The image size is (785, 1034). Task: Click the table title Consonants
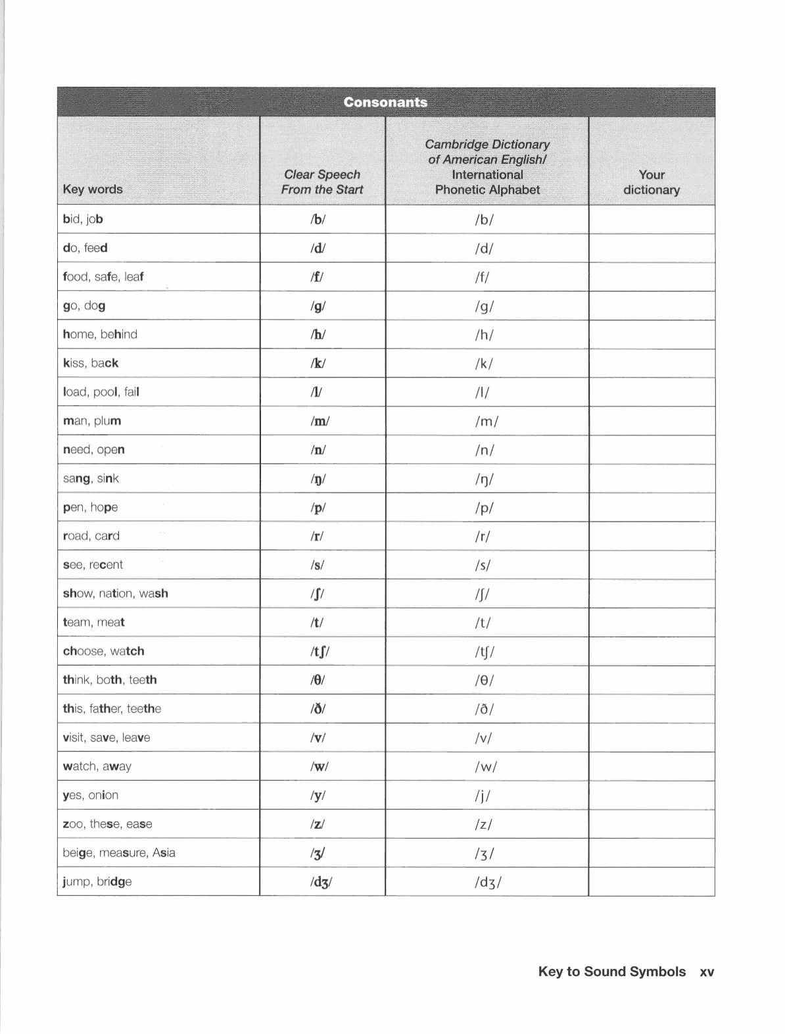click(385, 103)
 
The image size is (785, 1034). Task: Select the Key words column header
click(93, 189)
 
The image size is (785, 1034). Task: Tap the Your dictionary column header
click(651, 182)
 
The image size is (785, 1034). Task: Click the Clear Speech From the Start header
click(321, 182)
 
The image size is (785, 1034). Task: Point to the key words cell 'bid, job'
click(83, 219)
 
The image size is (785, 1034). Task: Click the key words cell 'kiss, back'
click(91, 363)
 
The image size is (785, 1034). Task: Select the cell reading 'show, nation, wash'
click(115, 593)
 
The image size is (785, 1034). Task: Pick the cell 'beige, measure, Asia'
click(119, 852)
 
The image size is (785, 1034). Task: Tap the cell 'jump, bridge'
click(97, 881)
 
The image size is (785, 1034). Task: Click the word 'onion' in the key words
click(103, 795)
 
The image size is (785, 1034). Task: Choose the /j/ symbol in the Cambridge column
click(483, 796)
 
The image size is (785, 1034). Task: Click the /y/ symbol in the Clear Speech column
click(318, 796)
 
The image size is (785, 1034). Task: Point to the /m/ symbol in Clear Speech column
click(320, 421)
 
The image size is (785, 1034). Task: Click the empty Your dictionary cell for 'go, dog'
click(651, 306)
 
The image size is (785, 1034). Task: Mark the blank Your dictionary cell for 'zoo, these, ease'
click(651, 824)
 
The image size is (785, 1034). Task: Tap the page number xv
click(707, 972)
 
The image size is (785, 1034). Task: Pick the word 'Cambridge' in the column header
click(456, 145)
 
